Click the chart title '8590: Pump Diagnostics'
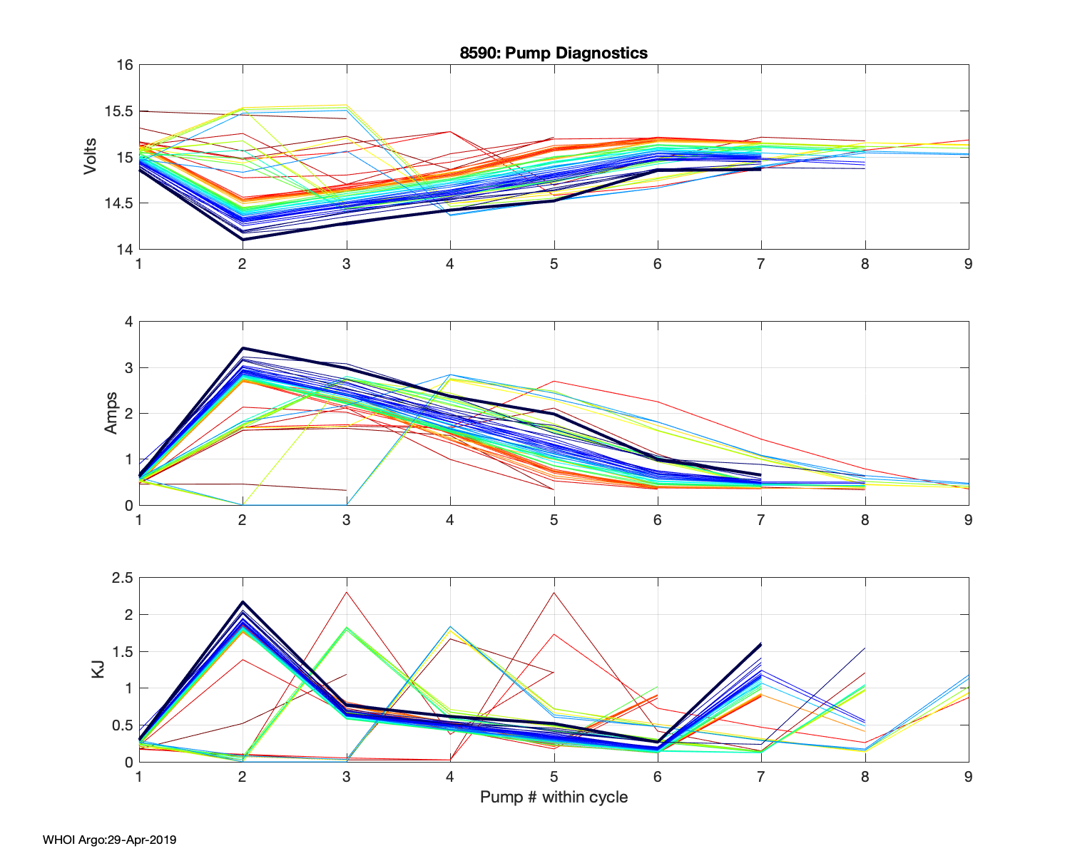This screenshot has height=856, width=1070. (x=554, y=53)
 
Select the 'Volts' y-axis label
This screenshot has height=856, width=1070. (x=91, y=157)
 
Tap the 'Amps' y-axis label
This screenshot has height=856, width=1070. (x=111, y=413)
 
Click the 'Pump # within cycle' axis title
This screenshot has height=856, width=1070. (x=554, y=797)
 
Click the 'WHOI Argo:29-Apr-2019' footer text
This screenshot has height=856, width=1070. (x=109, y=840)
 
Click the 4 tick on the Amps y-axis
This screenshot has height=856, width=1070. (x=128, y=322)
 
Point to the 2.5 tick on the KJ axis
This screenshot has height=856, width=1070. (x=123, y=578)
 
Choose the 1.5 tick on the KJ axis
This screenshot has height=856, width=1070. (x=123, y=651)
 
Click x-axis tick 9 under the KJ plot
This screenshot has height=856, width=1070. (x=969, y=777)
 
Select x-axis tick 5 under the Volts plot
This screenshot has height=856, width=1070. (x=554, y=264)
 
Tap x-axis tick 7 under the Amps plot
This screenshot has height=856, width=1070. (x=761, y=520)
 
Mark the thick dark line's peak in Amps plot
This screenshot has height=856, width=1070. (x=243, y=348)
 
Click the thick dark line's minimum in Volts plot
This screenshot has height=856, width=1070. (x=243, y=239)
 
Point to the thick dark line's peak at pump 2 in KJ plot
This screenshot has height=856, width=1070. (x=243, y=602)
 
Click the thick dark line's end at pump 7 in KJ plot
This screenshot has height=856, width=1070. (x=761, y=644)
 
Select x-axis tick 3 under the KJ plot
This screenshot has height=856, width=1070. (x=347, y=777)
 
